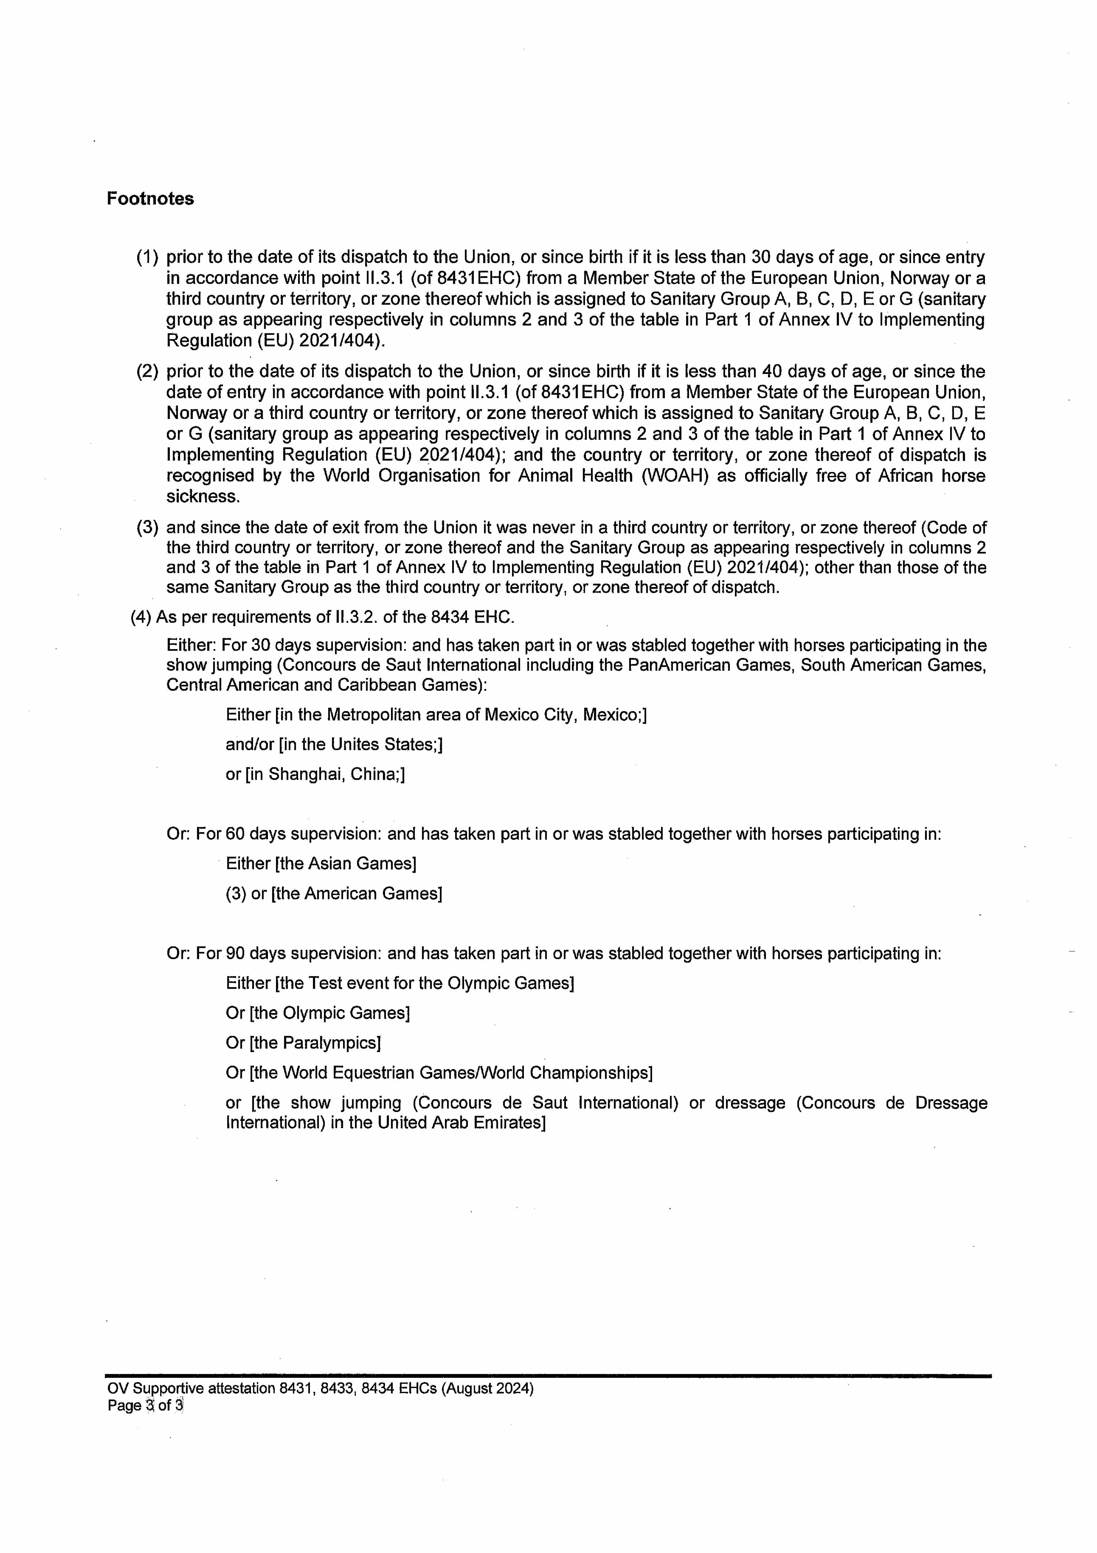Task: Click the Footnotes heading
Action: click(150, 199)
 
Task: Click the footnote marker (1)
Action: click(147, 258)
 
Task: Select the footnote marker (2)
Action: click(147, 372)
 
